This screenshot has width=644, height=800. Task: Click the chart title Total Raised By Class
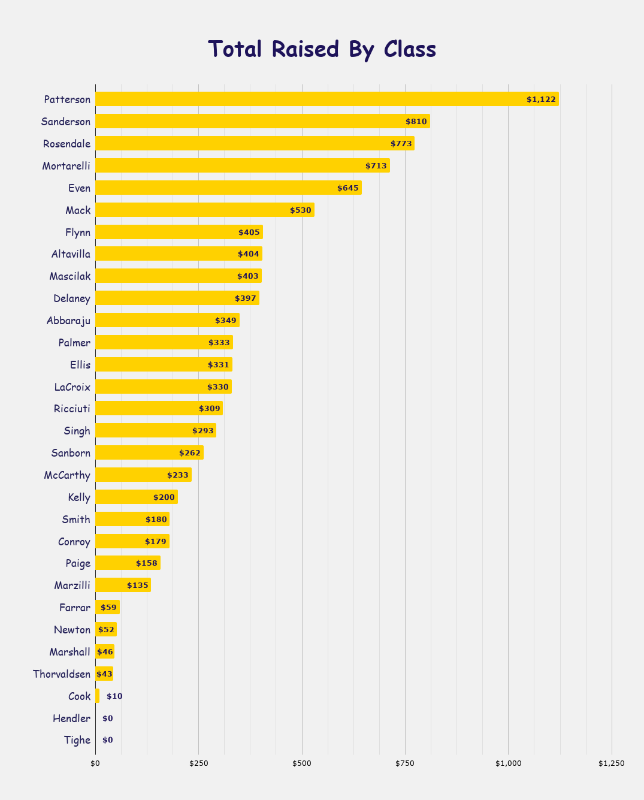point(322,49)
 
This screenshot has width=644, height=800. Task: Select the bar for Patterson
point(326,99)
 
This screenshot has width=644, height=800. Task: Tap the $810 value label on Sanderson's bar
point(416,122)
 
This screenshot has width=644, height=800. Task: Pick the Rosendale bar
point(255,144)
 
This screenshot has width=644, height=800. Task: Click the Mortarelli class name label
point(66,166)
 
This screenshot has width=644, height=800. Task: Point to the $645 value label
point(348,188)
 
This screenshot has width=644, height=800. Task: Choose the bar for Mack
point(205,210)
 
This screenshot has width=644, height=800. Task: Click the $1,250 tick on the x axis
point(611,763)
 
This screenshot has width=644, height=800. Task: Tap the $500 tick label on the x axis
point(301,763)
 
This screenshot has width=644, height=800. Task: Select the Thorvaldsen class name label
point(62,674)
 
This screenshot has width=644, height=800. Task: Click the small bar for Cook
point(97,696)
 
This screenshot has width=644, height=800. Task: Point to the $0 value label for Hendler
point(108,719)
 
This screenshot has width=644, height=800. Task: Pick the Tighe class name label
point(77,741)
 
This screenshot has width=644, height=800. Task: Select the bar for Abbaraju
point(167,321)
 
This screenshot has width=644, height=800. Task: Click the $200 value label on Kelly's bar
point(164,497)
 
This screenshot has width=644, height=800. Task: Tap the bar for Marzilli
point(123,585)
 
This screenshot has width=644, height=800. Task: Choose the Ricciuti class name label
point(72,409)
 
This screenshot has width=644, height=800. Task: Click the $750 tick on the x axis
point(405,763)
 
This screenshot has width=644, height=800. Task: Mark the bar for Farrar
point(107,608)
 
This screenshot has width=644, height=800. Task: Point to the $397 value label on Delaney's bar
point(246,298)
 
